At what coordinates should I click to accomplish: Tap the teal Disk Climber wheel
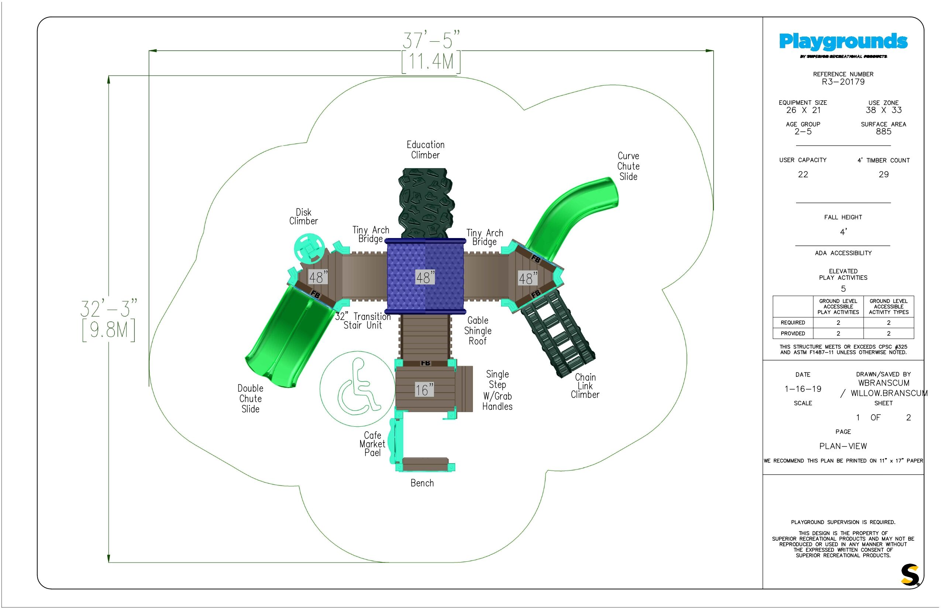click(309, 248)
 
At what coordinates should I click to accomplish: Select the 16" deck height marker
click(424, 390)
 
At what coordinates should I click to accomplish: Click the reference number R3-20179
click(843, 82)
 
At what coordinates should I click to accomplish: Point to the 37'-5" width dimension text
click(431, 40)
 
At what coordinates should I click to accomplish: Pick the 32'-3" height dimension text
click(109, 309)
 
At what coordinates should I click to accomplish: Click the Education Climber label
click(425, 150)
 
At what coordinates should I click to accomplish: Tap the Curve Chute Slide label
click(628, 166)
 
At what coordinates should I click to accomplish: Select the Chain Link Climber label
click(585, 386)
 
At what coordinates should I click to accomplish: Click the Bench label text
click(422, 483)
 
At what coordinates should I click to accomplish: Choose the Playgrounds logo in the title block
click(843, 42)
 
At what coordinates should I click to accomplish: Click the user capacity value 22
click(803, 174)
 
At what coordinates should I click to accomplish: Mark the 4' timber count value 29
click(884, 174)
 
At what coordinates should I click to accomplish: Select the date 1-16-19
click(803, 389)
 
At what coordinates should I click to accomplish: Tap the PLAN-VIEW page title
click(843, 447)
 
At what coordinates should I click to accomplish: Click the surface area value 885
click(884, 132)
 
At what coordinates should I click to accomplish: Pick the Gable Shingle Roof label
click(478, 331)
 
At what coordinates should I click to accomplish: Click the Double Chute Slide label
click(250, 399)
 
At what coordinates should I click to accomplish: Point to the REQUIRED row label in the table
click(793, 323)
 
